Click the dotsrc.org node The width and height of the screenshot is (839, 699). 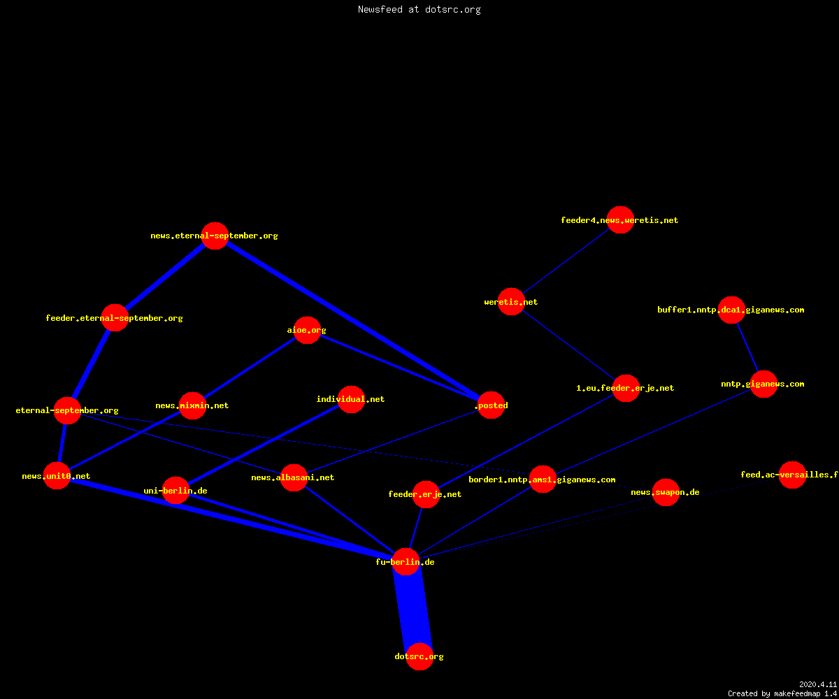(x=419, y=656)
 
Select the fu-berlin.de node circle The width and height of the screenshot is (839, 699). (x=406, y=561)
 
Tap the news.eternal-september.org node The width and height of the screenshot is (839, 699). (x=215, y=236)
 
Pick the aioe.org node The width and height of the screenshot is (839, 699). (x=308, y=330)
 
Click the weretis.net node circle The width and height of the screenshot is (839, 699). (x=511, y=302)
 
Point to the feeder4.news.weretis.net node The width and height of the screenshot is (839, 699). (x=620, y=219)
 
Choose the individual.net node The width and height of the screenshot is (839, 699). (x=351, y=399)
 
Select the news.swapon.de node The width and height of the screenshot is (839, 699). (x=666, y=493)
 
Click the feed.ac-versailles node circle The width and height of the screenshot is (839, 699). (x=792, y=475)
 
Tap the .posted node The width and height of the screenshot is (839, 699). (x=491, y=405)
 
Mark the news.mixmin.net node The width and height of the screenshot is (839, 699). (x=192, y=405)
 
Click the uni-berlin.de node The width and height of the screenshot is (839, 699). (x=175, y=491)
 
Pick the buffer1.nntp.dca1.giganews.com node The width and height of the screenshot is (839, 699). (x=731, y=310)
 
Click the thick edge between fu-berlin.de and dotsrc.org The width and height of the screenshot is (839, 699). (x=413, y=609)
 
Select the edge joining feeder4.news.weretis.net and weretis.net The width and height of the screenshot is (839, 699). (x=566, y=261)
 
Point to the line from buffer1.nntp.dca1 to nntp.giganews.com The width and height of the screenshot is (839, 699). (x=747, y=347)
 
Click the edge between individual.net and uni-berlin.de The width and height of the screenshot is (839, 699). (x=263, y=445)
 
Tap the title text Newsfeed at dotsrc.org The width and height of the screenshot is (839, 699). (x=419, y=9)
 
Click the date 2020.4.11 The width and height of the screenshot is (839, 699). (x=818, y=684)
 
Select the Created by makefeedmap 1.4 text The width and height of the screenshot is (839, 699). (x=782, y=694)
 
